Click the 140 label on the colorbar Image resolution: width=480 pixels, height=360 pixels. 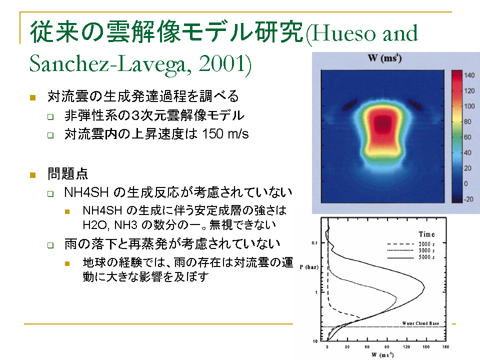469,75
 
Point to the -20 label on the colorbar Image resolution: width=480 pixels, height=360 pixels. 469,199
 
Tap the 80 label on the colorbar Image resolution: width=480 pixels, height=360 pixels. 467,122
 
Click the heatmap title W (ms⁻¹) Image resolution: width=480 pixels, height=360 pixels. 385,58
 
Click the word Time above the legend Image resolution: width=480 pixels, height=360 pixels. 426,234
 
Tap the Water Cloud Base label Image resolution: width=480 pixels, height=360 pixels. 420,323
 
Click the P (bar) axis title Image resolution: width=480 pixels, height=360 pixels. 309,267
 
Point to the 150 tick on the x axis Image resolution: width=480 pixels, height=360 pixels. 426,347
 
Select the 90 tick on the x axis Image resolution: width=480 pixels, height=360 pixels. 387,347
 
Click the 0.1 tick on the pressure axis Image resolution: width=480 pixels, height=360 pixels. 314,243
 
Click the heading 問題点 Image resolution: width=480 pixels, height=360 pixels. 68,174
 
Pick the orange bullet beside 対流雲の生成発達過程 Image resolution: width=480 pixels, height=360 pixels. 33,97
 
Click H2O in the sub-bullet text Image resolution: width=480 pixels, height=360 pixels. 94,225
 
